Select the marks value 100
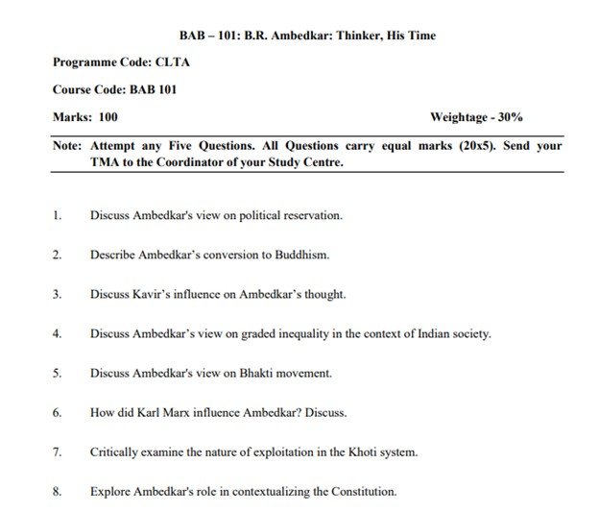108,117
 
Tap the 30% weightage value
506,117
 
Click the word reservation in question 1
311,215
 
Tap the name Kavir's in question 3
153,294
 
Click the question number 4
58,333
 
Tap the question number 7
58,451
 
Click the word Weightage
459,117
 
